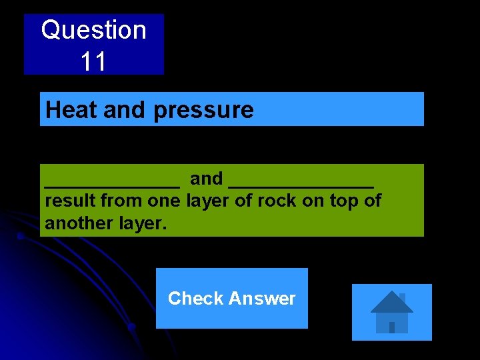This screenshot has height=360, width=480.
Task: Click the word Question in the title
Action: [x=93, y=30]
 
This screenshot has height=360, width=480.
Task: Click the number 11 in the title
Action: [x=93, y=61]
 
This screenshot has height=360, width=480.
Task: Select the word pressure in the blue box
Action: [x=204, y=111]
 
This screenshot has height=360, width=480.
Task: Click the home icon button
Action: [x=391, y=312]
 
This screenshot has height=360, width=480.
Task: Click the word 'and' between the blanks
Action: [x=206, y=179]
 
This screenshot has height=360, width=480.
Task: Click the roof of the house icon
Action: [x=391, y=302]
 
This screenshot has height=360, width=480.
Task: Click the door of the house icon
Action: [x=392, y=327]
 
